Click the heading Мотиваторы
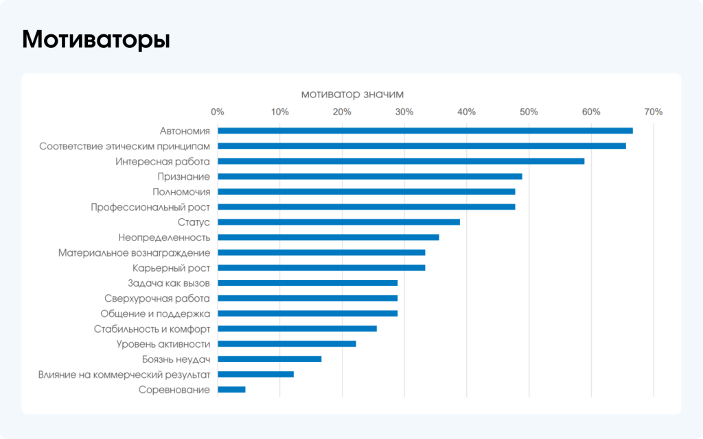(x=96, y=40)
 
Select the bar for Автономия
(x=425, y=130)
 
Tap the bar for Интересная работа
(x=401, y=161)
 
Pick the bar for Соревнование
(x=231, y=390)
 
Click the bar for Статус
(x=338, y=222)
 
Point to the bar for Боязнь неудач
(x=269, y=359)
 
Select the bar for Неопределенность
(x=328, y=237)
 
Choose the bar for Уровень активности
(x=287, y=344)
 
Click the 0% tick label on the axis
(x=218, y=112)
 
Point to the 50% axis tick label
(x=529, y=112)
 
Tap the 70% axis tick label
(x=653, y=112)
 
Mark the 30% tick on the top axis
(x=404, y=112)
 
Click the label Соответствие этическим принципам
(x=124, y=146)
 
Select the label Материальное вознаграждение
(x=134, y=252)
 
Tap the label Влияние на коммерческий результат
(x=124, y=375)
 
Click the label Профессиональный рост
(x=150, y=206)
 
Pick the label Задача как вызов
(x=169, y=283)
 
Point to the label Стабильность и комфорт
(x=152, y=329)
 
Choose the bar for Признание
(x=369, y=176)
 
